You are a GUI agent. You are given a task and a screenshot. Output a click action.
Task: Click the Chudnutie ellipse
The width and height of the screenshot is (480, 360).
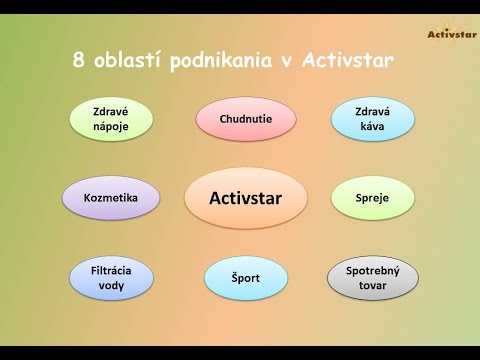(246, 120)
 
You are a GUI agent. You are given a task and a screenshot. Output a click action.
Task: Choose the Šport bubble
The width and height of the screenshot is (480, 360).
(246, 278)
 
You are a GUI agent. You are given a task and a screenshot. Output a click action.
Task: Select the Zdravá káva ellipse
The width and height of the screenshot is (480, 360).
(369, 120)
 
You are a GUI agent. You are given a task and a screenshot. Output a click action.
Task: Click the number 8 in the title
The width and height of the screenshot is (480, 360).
(80, 61)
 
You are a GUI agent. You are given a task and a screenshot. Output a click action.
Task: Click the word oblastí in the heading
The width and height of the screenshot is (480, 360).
(140, 61)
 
